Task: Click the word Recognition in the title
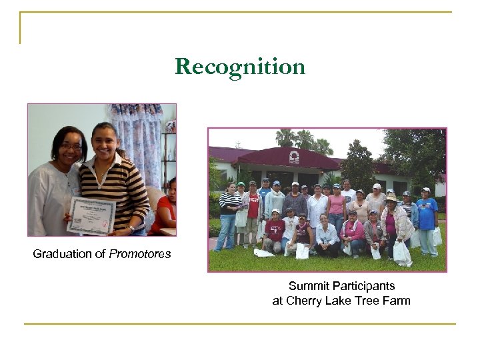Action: [240, 67]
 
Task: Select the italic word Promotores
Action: [140, 254]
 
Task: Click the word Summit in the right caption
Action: [309, 286]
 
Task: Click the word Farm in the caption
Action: [396, 301]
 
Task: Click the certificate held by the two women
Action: [91, 215]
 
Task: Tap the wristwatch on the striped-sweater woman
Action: [131, 228]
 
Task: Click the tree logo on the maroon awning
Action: [293, 157]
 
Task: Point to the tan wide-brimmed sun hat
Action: [392, 198]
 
